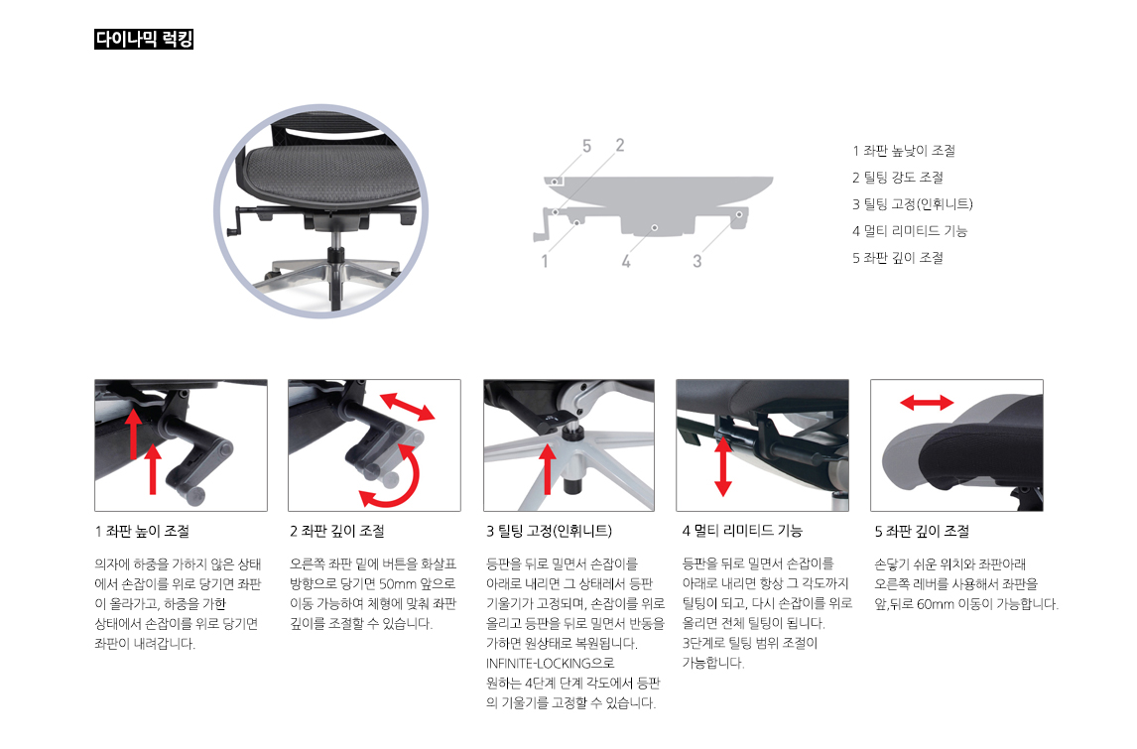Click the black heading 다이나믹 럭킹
pos(144,41)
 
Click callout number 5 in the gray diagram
pos(586,147)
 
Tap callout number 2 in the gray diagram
pos(620,146)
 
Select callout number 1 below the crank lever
pos(545,262)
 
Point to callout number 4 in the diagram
pos(626,262)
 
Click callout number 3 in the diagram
pos(697,262)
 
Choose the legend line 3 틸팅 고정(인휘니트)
pos(913,204)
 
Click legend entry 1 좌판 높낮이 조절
pos(904,151)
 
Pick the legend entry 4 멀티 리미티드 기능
pos(910,231)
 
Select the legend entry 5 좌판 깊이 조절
pos(898,258)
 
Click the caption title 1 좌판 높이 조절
pos(142,532)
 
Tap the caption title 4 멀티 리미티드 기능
pos(742,532)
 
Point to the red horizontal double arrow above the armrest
pos(926,403)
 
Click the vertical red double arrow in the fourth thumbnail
pos(722,466)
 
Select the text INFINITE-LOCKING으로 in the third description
pos(551,663)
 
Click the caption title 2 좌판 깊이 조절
pos(337,532)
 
